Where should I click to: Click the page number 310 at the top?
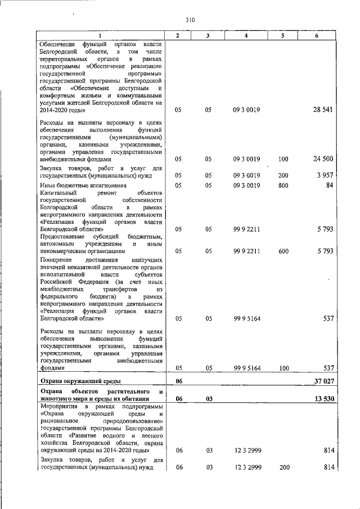click(190, 20)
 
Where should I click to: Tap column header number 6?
click(317, 36)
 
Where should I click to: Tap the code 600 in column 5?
click(283, 251)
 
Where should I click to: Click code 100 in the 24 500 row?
click(283, 159)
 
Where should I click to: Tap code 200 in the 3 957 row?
click(283, 176)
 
